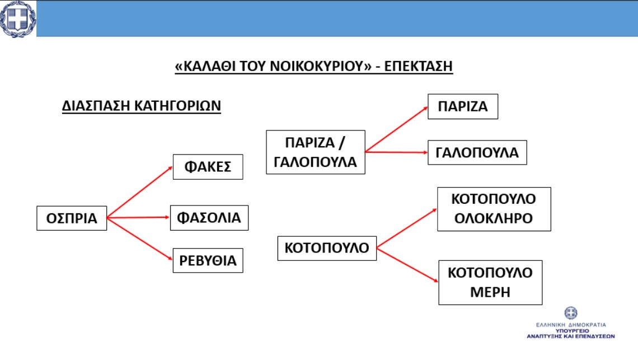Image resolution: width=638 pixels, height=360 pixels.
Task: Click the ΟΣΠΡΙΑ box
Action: pyautogui.click(x=72, y=218)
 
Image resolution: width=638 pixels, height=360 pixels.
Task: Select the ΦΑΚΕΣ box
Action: pyautogui.click(x=208, y=167)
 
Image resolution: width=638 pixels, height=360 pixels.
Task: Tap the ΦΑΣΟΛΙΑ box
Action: pyautogui.click(x=209, y=218)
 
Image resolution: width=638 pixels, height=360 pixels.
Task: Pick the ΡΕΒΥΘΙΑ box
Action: pyautogui.click(x=208, y=261)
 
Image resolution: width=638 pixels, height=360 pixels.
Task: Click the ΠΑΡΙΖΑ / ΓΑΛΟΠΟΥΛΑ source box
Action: pyautogui.click(x=316, y=152)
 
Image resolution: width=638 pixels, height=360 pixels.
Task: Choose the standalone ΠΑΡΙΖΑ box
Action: pyautogui.click(x=463, y=107)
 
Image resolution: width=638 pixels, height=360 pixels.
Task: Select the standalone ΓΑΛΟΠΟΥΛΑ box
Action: pyautogui.click(x=477, y=153)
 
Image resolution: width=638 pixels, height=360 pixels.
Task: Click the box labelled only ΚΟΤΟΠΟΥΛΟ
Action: pyautogui.click(x=327, y=248)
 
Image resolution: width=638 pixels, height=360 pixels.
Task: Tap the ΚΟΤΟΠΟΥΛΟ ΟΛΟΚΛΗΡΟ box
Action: pyautogui.click(x=494, y=209)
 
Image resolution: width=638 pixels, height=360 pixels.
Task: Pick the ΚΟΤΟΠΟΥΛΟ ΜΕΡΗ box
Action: pyautogui.click(x=490, y=283)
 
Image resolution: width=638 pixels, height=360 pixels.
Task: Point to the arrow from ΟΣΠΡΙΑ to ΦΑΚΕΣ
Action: pyautogui.click(x=140, y=192)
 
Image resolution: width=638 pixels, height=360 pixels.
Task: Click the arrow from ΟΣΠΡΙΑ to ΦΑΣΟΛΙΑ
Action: pyautogui.click(x=138, y=217)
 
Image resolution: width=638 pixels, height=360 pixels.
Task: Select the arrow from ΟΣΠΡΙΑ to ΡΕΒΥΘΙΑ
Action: pyautogui.click(x=140, y=239)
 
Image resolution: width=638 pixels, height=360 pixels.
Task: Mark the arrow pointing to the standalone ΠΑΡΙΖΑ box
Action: pyautogui.click(x=397, y=129)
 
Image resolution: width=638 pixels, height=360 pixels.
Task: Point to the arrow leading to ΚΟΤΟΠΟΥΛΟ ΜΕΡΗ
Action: pyautogui.click(x=407, y=265)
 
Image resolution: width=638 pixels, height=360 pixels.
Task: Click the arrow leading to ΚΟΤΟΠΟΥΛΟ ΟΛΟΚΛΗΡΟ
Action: pyautogui.click(x=407, y=228)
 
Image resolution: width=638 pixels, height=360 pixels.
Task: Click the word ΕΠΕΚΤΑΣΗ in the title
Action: pyautogui.click(x=418, y=66)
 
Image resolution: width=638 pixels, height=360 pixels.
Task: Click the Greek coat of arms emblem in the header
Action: pyautogui.click(x=17, y=18)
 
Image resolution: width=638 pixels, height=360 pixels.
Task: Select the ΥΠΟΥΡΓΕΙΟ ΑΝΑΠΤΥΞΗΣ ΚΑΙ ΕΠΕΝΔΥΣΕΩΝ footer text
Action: pyautogui.click(x=570, y=334)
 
